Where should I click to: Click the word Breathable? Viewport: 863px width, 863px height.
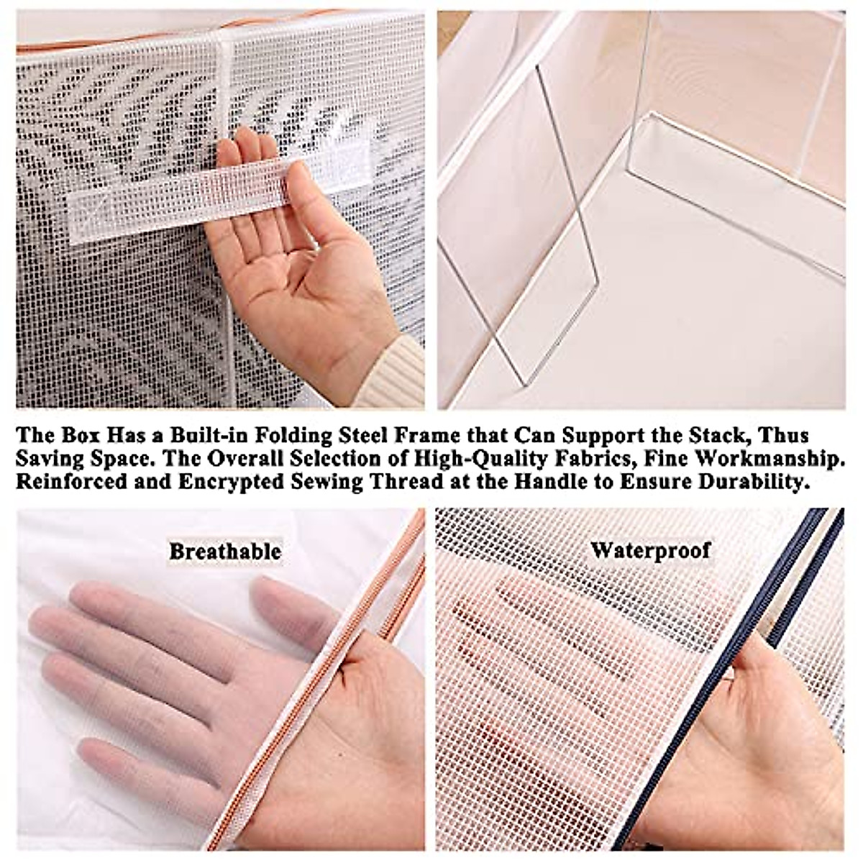[225, 552]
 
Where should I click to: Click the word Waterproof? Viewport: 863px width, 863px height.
[650, 551]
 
